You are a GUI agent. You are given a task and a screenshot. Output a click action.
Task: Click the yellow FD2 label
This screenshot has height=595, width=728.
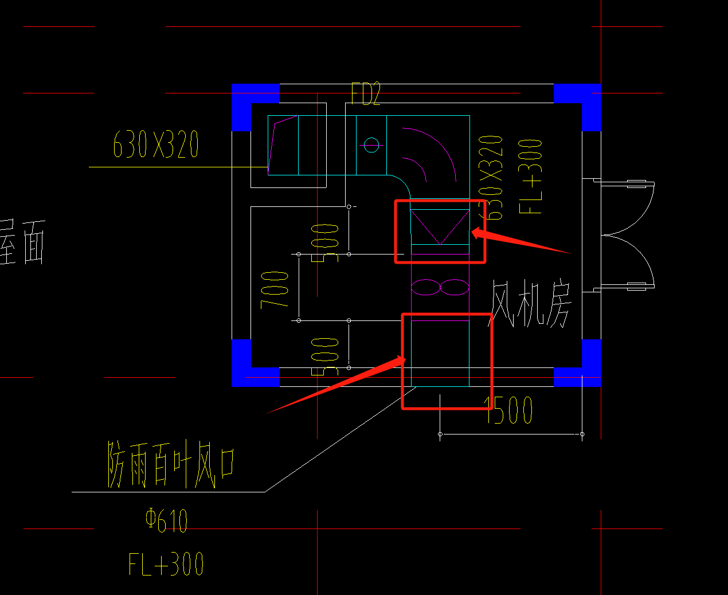click(366, 94)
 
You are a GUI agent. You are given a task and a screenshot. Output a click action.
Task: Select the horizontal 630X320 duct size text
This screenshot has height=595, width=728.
click(156, 144)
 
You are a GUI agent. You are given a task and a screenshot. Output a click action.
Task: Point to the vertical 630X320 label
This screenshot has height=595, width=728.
click(492, 177)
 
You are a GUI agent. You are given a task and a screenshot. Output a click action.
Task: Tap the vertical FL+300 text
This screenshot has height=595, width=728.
click(531, 176)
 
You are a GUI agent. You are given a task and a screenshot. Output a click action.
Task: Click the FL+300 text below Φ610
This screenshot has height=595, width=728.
click(166, 564)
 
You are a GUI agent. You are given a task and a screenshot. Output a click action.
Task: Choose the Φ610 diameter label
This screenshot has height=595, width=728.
click(166, 520)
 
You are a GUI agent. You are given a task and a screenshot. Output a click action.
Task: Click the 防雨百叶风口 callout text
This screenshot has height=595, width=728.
click(171, 464)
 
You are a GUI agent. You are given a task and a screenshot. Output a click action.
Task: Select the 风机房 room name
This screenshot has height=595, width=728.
click(530, 304)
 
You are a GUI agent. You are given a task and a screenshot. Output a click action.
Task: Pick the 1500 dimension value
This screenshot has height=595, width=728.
click(509, 410)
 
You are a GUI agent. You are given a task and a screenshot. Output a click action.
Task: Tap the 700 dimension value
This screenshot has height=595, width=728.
click(275, 289)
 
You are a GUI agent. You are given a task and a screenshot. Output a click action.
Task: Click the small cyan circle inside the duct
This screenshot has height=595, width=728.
click(371, 144)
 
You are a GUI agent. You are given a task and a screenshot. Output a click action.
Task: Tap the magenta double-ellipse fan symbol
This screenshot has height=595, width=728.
click(440, 287)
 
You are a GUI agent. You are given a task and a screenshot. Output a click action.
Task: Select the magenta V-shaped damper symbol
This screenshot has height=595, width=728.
click(440, 226)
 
